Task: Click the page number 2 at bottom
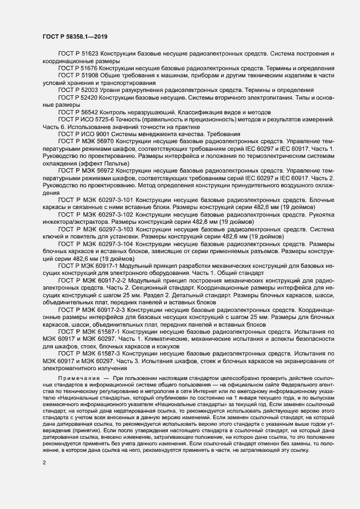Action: click(x=44, y=463)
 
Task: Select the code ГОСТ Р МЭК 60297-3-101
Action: click(x=99, y=200)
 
